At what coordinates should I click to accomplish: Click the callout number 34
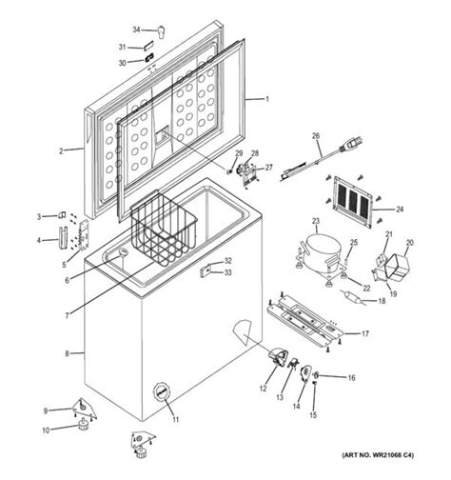click(135, 30)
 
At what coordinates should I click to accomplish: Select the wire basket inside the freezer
click(164, 232)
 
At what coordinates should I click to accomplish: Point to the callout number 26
click(316, 136)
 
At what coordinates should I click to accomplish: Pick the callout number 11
click(175, 418)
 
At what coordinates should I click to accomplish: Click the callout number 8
click(67, 353)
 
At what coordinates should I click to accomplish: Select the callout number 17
click(364, 333)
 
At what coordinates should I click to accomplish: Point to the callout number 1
click(267, 99)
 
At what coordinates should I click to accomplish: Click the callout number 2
click(60, 150)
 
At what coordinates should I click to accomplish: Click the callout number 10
click(44, 430)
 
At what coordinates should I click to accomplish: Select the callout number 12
click(264, 388)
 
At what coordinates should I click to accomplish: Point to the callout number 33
click(227, 273)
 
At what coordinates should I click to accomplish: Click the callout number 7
click(67, 315)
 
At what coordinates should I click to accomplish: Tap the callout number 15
click(314, 415)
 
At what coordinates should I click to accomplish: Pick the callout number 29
click(239, 153)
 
